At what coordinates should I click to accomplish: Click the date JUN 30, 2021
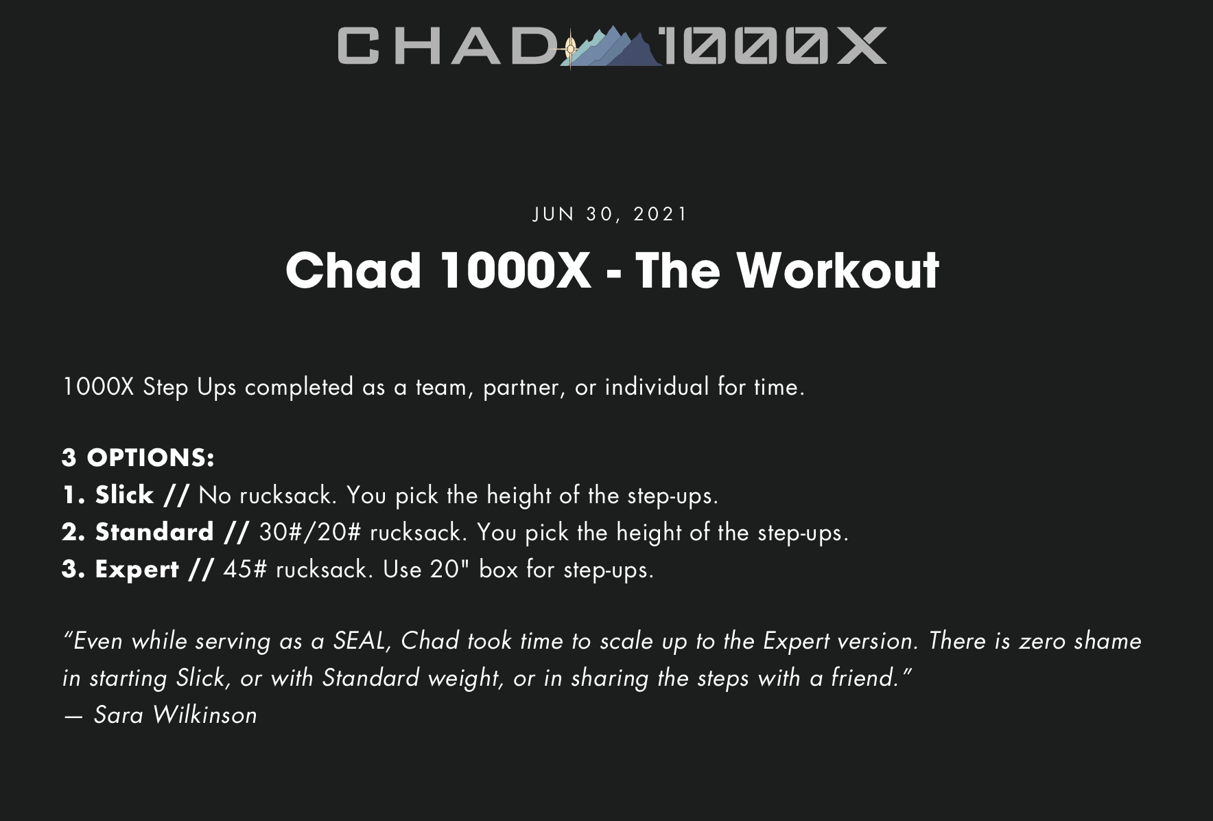coord(610,214)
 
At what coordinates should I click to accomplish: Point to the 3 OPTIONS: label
coord(138,458)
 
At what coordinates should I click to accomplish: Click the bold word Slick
coord(124,495)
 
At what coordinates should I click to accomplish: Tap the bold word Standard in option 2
coord(154,532)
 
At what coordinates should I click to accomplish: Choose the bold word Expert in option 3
coord(137,570)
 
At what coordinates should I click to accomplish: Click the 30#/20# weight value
coord(309,532)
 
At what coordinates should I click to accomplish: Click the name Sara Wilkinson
coord(175,715)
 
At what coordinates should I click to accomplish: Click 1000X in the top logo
coord(775,46)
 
